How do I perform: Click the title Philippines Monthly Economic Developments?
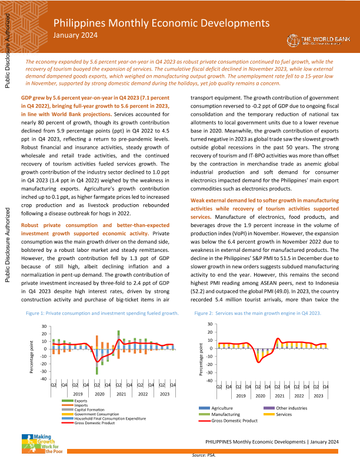pos(162,23)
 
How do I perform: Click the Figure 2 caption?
pos(258,314)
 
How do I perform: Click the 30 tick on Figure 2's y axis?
pos(210,325)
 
